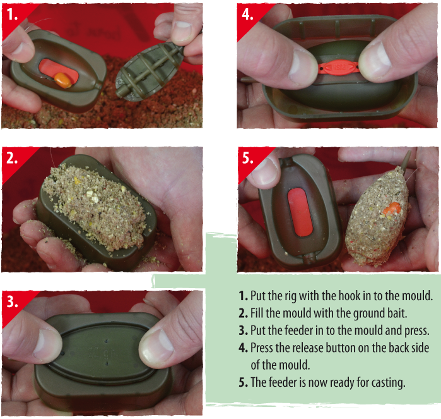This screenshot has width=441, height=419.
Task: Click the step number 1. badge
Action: point(13,15)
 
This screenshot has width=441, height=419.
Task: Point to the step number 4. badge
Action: point(248,15)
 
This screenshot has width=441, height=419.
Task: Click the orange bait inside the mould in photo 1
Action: point(61,79)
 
